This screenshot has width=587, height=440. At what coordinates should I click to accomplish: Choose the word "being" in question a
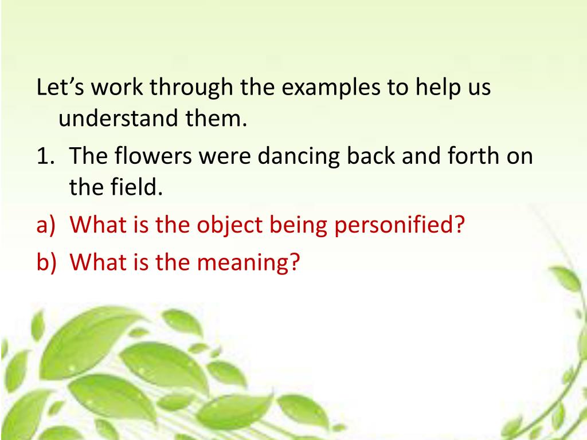pos(292,225)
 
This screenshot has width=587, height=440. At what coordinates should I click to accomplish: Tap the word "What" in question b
pos(95,262)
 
